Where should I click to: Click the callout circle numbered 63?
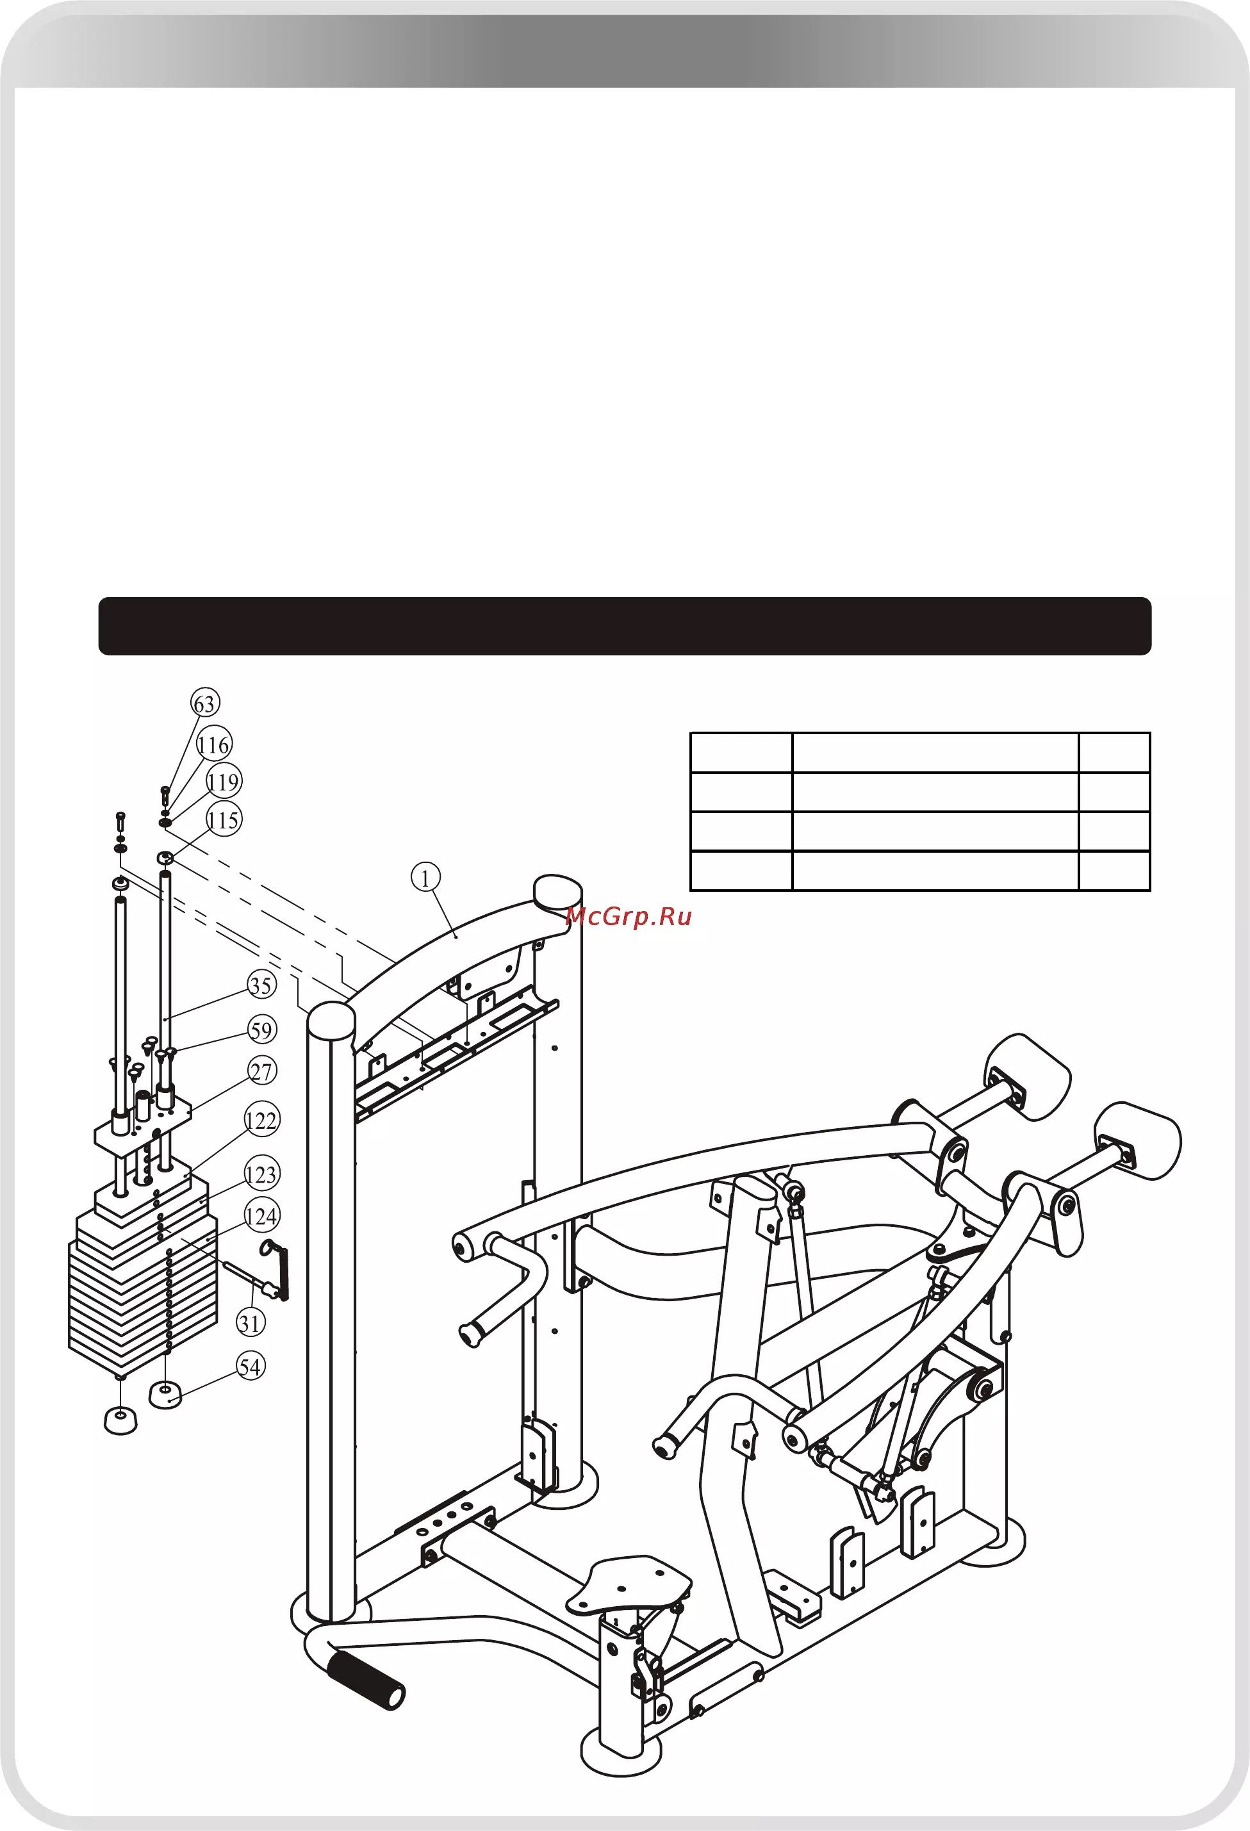(205, 703)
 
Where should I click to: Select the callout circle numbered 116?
(213, 744)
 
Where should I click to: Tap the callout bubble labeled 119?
(224, 782)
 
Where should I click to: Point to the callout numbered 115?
(224, 819)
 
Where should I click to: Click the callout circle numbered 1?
(425, 877)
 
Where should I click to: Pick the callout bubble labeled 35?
(261, 985)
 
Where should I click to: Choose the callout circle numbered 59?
(261, 1030)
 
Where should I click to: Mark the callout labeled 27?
(261, 1071)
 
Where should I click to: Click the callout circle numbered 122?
(261, 1121)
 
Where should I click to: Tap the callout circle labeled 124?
(261, 1216)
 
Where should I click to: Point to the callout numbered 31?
(251, 1323)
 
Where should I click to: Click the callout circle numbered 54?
(251, 1366)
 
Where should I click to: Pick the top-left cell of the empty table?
(741, 752)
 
